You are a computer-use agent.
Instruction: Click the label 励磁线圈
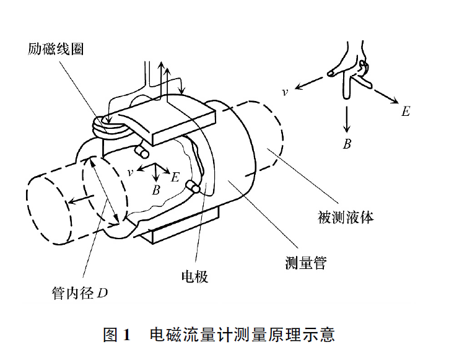click(56, 48)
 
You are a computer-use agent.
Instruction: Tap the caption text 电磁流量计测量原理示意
click(242, 335)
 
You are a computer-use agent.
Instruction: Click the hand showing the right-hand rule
click(351, 71)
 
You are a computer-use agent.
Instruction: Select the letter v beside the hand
click(284, 92)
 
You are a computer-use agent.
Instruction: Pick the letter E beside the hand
click(406, 112)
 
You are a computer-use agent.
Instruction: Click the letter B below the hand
click(347, 144)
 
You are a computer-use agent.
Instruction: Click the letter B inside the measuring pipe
click(156, 189)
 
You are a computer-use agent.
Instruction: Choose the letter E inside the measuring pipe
click(175, 178)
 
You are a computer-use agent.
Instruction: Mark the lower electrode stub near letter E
click(196, 187)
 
